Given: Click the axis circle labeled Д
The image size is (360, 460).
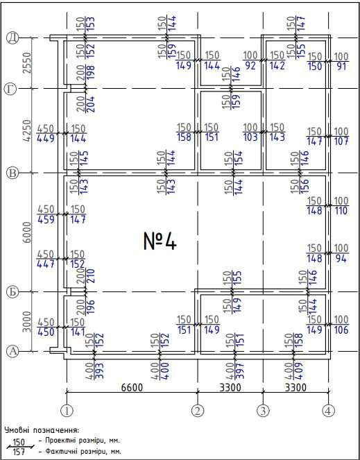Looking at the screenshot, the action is tap(12, 38).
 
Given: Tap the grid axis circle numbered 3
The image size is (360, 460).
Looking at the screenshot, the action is tap(263, 410).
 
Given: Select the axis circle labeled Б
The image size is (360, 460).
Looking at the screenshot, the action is tap(12, 292).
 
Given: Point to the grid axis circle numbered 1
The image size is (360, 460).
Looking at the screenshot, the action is tap(67, 410).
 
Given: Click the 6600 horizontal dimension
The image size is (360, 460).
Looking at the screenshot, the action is tap(132, 387).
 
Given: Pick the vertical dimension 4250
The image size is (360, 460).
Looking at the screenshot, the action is tap(26, 130).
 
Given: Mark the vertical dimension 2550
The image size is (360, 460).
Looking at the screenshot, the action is tap(26, 63).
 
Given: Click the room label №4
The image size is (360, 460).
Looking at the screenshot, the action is tap(160, 241).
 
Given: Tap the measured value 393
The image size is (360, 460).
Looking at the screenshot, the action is tap(99, 372).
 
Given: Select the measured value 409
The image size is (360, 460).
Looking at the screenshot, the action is tap(299, 372).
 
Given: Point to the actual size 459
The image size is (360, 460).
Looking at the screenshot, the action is tap(46, 219).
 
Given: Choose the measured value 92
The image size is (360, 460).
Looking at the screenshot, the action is tap(250, 66).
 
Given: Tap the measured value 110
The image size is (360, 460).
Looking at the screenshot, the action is tap(342, 211).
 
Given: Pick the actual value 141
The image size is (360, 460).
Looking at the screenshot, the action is tap(78, 332).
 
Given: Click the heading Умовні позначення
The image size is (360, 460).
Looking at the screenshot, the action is tap(42, 430).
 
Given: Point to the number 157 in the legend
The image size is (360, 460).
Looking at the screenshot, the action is tap(19, 452).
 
